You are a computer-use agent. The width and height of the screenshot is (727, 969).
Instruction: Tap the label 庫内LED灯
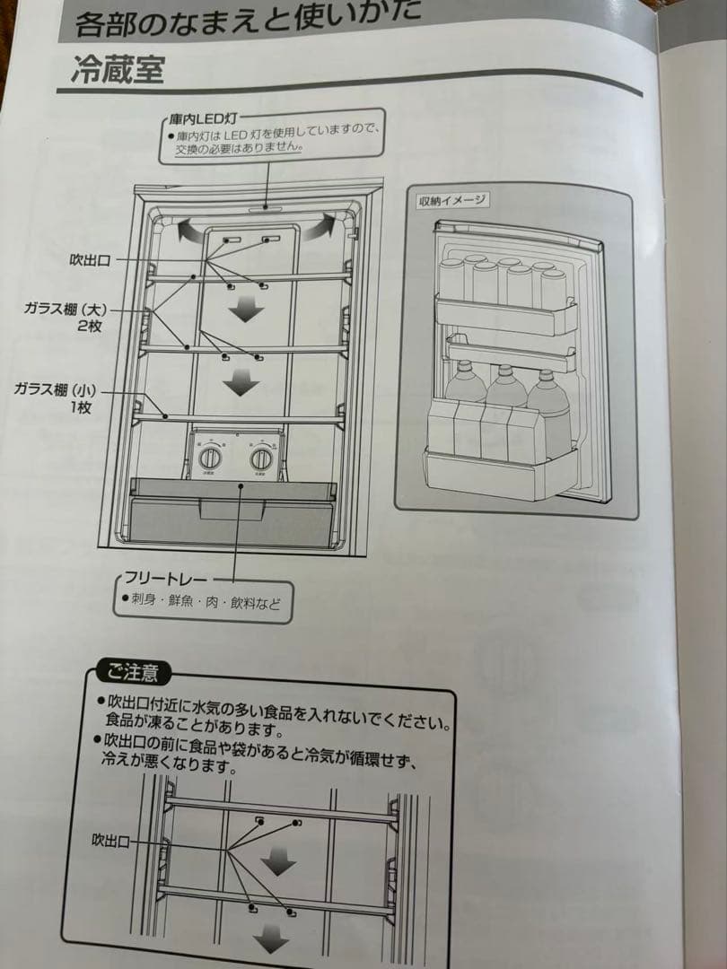201,118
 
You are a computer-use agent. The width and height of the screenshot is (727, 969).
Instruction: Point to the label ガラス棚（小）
56,390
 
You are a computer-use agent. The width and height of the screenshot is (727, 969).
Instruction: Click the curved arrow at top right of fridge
322,226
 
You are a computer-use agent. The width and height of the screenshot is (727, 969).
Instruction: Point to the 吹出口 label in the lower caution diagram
111,841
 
